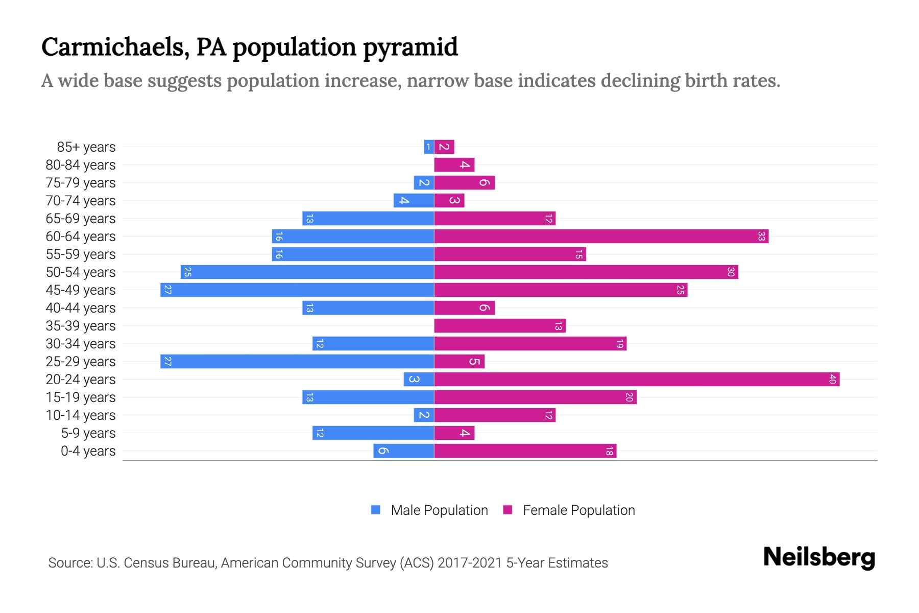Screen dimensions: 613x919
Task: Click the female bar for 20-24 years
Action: coord(637,380)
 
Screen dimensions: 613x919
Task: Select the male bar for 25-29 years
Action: coord(297,362)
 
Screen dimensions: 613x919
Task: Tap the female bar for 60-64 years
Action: coord(601,237)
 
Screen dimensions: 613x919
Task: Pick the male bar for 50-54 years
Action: coord(307,272)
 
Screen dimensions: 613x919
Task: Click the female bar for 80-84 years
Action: coord(454,165)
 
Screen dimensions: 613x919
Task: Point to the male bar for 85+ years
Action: coord(429,147)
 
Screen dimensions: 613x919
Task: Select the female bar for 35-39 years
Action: coord(500,326)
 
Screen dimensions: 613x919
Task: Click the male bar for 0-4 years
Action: coord(404,451)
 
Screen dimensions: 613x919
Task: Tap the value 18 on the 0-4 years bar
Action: coord(609,451)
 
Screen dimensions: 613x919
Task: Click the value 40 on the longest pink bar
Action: coord(832,380)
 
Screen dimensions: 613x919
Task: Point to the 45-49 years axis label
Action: coord(81,290)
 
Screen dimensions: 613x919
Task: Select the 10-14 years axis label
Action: coord(81,415)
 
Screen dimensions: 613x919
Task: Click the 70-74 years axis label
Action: coord(81,201)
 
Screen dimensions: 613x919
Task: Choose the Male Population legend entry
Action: coord(439,510)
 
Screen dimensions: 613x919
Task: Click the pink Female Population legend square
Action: coord(507,510)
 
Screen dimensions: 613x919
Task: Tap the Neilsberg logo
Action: coord(819,557)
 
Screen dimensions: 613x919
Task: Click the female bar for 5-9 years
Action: coord(454,433)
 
